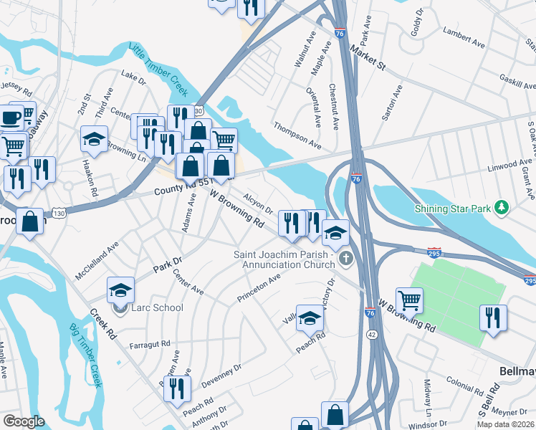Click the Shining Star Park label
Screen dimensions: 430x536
click(456, 209)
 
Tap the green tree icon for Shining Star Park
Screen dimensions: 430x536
click(503, 208)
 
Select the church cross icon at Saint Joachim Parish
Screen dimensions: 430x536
click(346, 259)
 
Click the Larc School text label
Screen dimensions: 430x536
click(157, 307)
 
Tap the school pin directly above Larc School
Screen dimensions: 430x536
click(120, 290)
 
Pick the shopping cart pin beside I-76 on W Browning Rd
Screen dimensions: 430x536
click(409, 300)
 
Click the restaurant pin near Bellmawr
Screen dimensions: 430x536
click(493, 317)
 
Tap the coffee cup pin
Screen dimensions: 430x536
click(11, 117)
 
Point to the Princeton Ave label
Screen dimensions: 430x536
click(259, 289)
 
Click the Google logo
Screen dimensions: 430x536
click(24, 421)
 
